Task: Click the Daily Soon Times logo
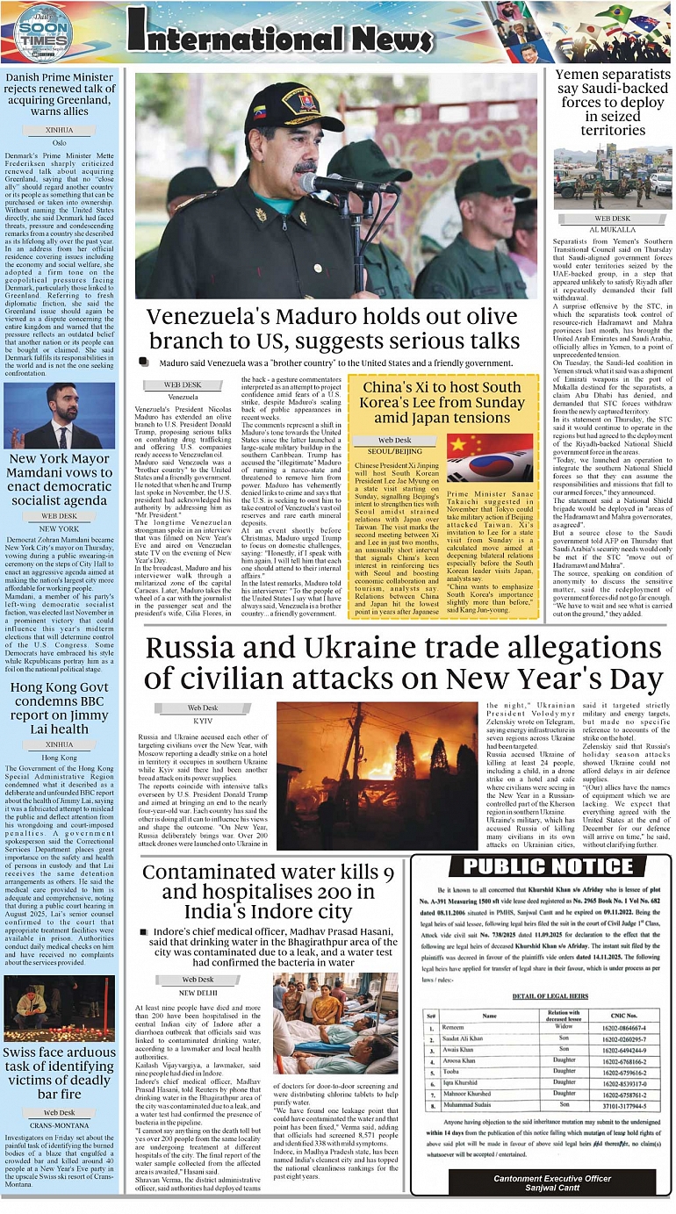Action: pyautogui.click(x=43, y=32)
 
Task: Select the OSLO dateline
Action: pyautogui.click(x=59, y=141)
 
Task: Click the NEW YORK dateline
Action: pyautogui.click(x=59, y=528)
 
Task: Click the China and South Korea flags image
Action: pyautogui.click(x=489, y=458)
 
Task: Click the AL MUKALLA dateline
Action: pyautogui.click(x=612, y=228)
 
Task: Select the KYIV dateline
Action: pyautogui.click(x=203, y=720)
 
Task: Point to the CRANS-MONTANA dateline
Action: pyautogui.click(x=59, y=1124)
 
